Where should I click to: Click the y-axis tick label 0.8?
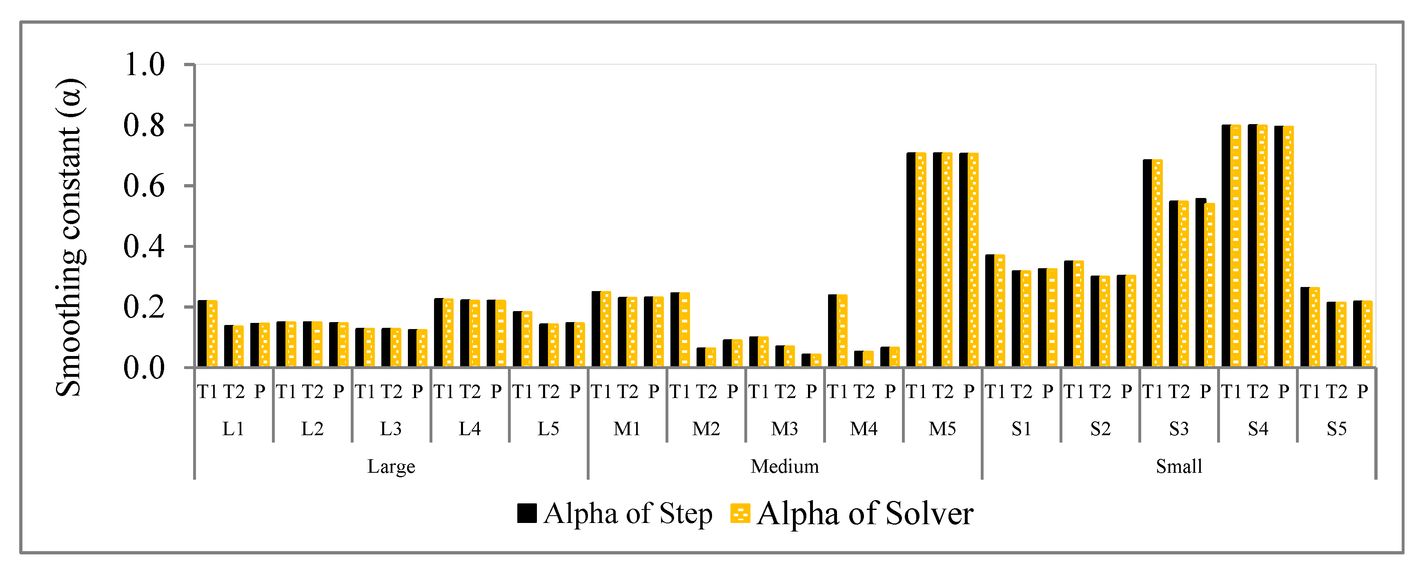[x=144, y=126]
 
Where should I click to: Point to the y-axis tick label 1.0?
[x=144, y=65]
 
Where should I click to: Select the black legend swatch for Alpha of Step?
[x=526, y=513]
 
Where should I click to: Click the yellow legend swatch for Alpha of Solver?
[x=740, y=513]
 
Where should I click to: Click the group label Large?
[x=391, y=467]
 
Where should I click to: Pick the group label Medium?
[x=784, y=467]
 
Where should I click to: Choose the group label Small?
[x=1179, y=467]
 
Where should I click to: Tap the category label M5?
[x=942, y=429]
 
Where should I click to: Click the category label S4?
[x=1258, y=429]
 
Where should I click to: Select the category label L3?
[x=391, y=429]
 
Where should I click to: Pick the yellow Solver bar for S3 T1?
[x=1157, y=263]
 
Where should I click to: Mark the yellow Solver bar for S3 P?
[x=1210, y=285]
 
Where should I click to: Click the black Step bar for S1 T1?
[x=990, y=310]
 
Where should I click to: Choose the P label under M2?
[x=732, y=392]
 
